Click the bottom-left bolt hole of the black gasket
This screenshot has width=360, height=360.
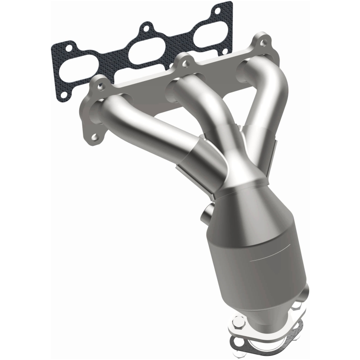coord(63,94)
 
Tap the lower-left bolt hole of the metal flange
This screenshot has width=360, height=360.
coord(95,135)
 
